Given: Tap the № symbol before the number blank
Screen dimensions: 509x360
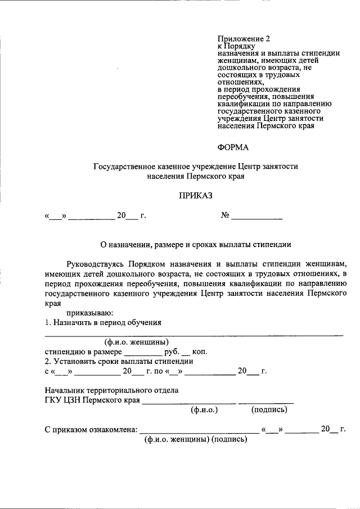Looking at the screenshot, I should (x=225, y=216).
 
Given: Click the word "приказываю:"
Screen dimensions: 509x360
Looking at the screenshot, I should (x=90, y=313).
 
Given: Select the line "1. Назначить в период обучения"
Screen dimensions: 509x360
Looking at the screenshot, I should (x=103, y=322).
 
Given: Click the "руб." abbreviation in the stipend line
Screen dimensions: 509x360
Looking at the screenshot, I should (x=172, y=352).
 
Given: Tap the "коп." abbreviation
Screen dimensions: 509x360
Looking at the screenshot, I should (x=200, y=352).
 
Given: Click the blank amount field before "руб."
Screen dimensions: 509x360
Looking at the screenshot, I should (x=142, y=352).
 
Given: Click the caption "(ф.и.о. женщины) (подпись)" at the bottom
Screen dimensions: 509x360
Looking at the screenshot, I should (x=196, y=439).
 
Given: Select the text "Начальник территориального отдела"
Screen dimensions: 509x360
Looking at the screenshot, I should (x=111, y=390).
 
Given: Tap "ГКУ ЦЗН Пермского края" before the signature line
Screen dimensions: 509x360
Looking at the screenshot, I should (x=92, y=400).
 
